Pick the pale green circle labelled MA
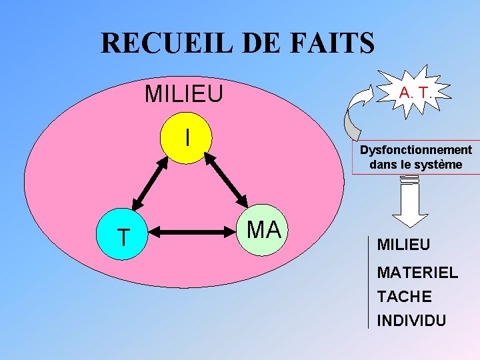(x=263, y=231)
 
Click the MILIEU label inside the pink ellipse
(x=184, y=94)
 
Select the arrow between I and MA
(x=227, y=179)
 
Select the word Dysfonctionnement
(x=416, y=150)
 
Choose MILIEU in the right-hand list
(x=403, y=244)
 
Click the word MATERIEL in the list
(x=417, y=272)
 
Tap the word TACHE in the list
(x=404, y=296)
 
